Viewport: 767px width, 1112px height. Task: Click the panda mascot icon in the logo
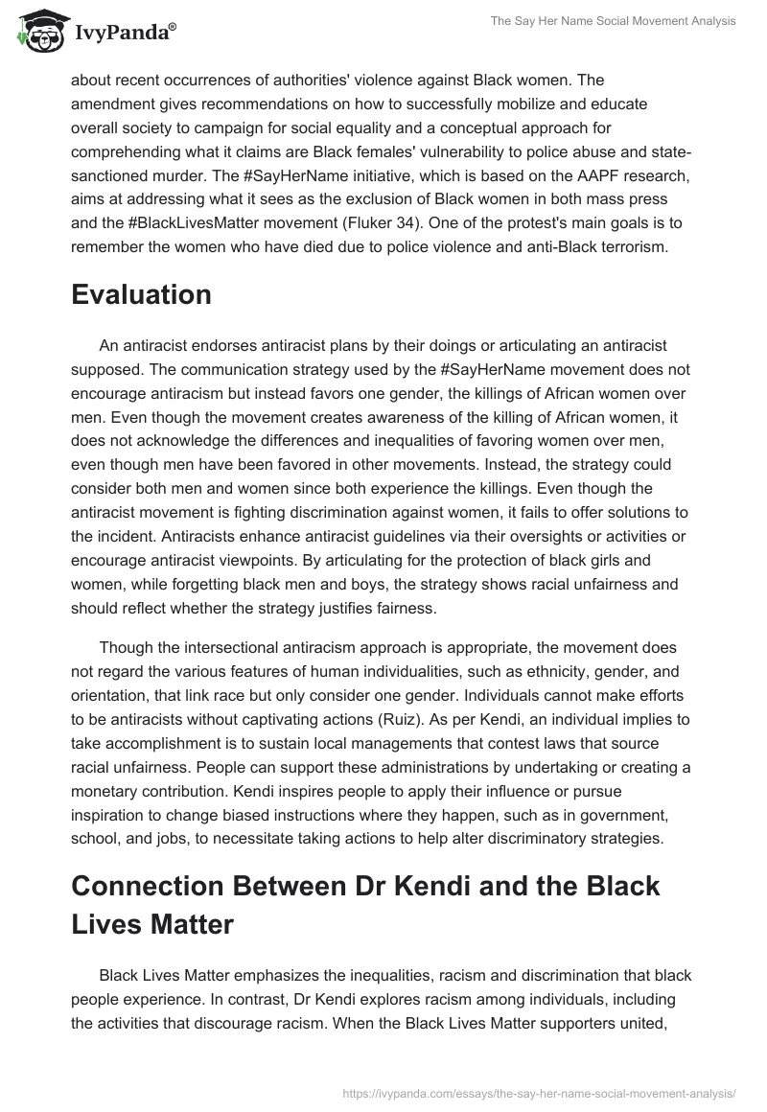click(x=36, y=35)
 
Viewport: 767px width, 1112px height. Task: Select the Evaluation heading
click(x=141, y=295)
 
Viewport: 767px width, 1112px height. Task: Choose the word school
click(x=96, y=835)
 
